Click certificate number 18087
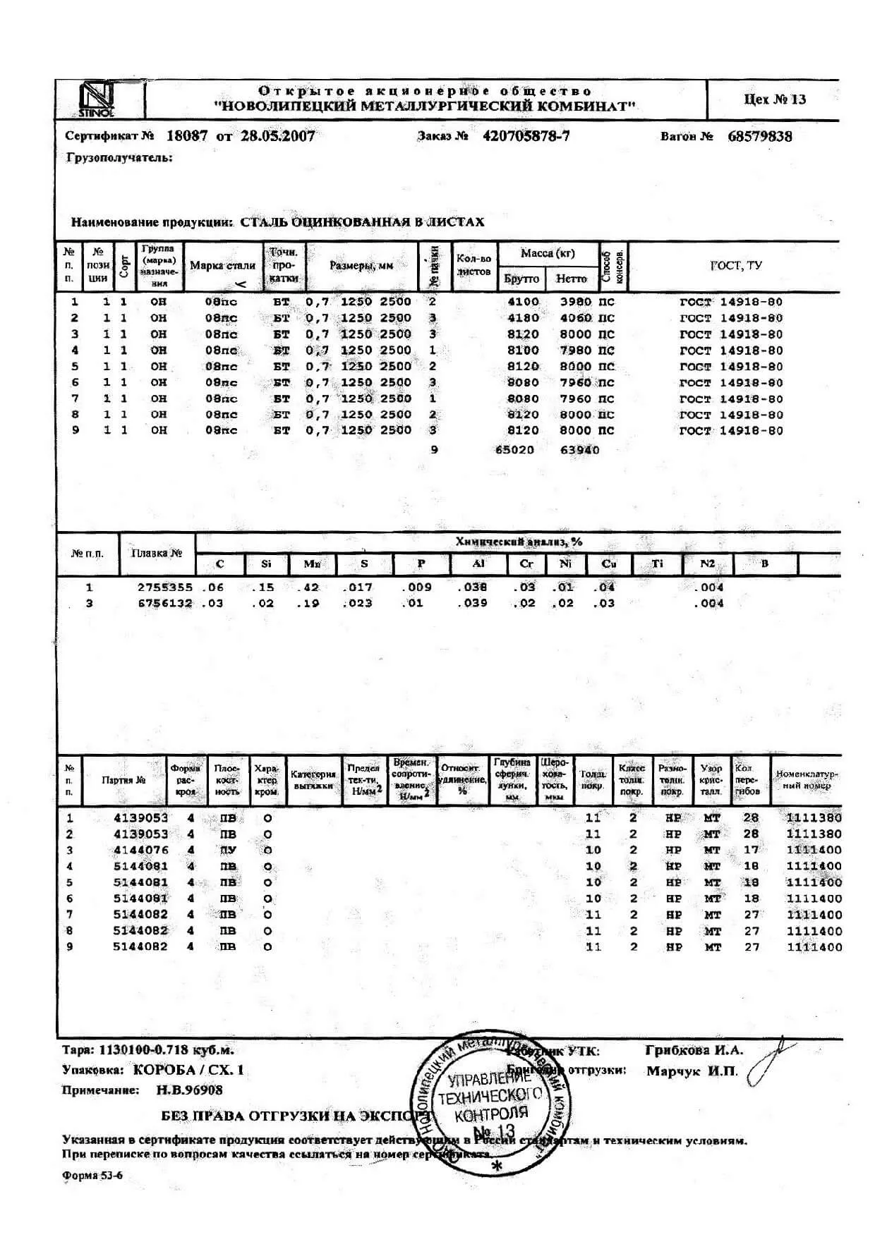click(187, 136)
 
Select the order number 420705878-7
click(526, 136)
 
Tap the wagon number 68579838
click(759, 136)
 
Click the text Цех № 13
click(774, 99)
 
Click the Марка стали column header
click(222, 266)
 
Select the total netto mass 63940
click(579, 450)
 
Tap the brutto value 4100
click(523, 302)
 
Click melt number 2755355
click(164, 587)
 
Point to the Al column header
click(478, 563)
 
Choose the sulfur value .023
click(357, 603)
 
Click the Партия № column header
click(123, 781)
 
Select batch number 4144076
click(141, 850)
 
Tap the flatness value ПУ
click(228, 850)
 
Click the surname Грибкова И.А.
click(694, 1050)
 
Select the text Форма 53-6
click(92, 1175)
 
